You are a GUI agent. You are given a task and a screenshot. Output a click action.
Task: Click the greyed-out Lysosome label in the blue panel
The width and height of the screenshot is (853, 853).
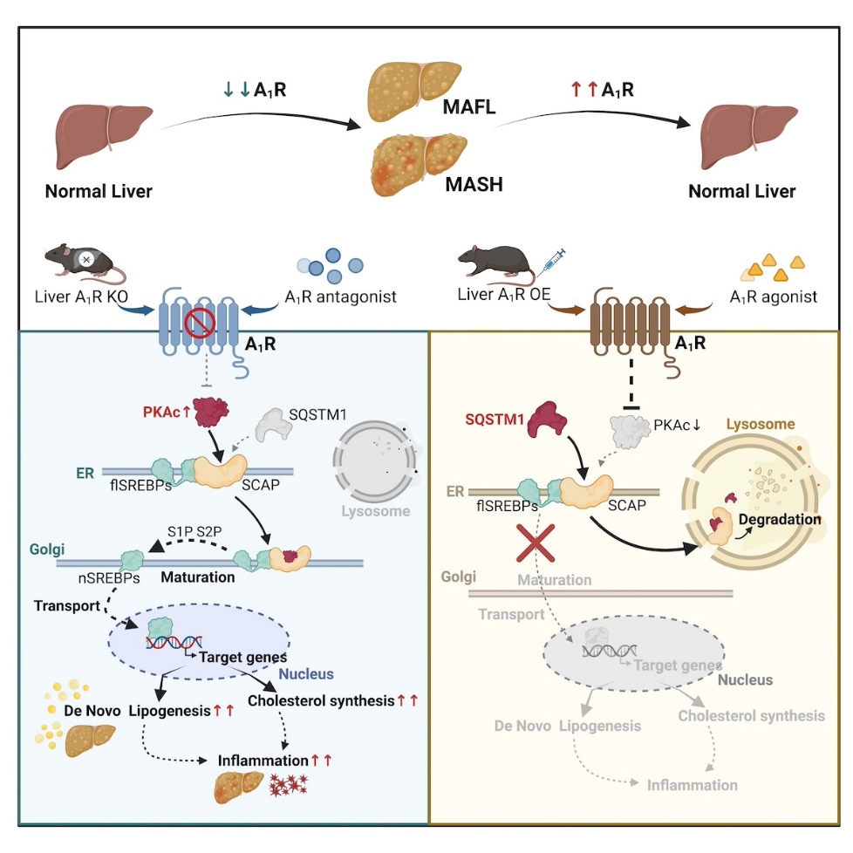[373, 510]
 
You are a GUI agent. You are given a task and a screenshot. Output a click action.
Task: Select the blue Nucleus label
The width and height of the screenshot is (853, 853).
[305, 674]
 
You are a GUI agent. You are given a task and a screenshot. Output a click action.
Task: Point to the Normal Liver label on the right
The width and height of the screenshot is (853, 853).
[741, 191]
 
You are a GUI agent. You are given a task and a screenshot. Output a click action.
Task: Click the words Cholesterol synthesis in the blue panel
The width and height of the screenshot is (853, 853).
[321, 700]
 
